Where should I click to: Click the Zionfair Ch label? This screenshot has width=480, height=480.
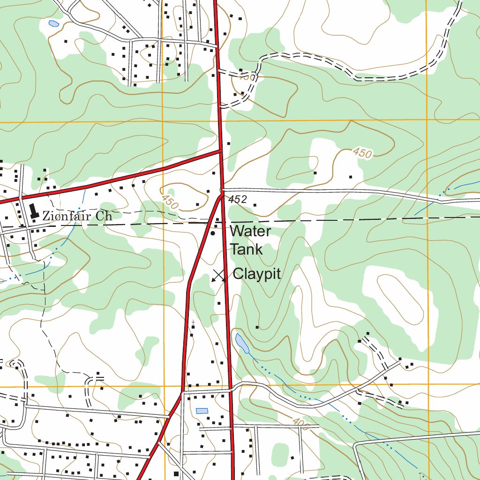coord(77,216)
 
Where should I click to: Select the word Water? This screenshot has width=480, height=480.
coord(250,231)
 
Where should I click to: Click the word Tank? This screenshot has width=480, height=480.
coord(246,249)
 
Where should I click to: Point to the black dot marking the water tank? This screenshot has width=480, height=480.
coord(213,233)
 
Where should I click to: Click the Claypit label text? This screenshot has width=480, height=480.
coord(257,274)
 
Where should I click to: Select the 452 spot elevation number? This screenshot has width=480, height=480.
coord(238,200)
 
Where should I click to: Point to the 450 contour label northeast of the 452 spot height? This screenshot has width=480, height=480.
coord(362,153)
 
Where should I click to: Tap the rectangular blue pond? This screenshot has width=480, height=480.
coord(202,411)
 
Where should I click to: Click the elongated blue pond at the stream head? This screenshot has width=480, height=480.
coord(242,343)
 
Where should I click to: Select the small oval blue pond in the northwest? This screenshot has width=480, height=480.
coord(53,23)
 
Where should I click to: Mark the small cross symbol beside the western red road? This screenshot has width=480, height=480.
coord(193,323)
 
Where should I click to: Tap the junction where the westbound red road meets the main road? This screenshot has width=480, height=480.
coord(221,151)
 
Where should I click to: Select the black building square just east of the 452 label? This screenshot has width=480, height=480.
coord(255,205)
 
